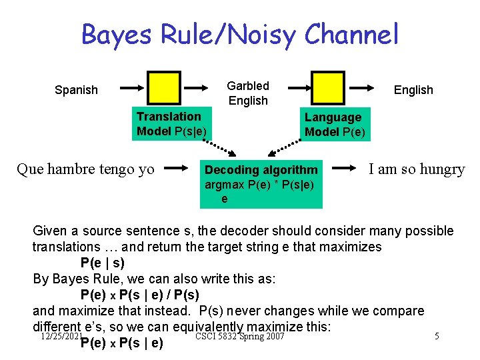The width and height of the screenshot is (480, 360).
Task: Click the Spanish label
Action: (x=76, y=90)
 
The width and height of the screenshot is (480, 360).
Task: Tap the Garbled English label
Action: (x=248, y=93)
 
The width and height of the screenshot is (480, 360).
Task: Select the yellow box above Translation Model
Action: (x=164, y=88)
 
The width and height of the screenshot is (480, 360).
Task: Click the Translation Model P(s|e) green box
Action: (x=171, y=124)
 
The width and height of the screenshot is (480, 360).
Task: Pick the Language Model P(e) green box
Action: (x=334, y=125)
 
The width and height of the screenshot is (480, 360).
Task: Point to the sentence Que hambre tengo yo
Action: (x=85, y=169)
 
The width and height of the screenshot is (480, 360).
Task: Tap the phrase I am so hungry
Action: (x=417, y=169)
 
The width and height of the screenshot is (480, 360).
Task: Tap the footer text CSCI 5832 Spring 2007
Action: (x=239, y=336)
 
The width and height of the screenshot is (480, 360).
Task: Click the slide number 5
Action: (x=437, y=336)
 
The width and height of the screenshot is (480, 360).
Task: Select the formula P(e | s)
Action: (x=102, y=262)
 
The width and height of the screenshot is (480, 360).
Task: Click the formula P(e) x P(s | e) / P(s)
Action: (x=139, y=295)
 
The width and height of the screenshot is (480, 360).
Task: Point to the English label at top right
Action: (x=413, y=90)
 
